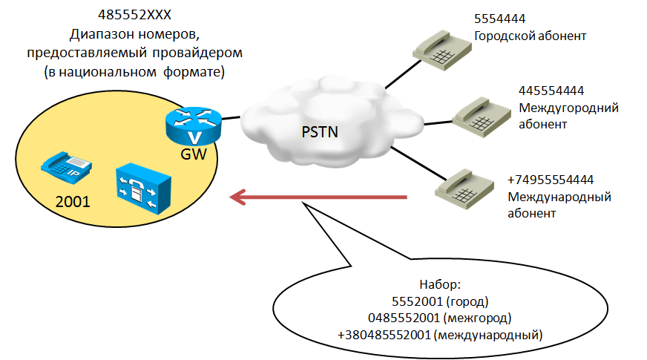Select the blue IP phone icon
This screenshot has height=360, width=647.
pyautogui.click(x=66, y=166)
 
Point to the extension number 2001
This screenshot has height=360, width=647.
pyautogui.click(x=72, y=200)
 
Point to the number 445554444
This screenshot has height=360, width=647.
pyautogui.click(x=551, y=91)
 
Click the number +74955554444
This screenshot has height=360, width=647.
pyautogui.click(x=551, y=180)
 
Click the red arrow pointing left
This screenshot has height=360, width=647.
pyautogui.click(x=318, y=197)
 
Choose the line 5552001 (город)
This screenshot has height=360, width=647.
pyautogui.click(x=439, y=302)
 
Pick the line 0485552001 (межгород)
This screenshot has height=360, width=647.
pyautogui.click(x=439, y=318)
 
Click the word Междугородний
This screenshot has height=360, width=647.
pyautogui.click(x=568, y=108)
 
